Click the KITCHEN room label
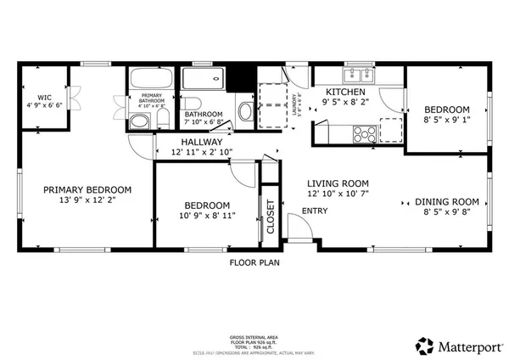[344, 91]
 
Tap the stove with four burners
[365, 133]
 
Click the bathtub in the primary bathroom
[152, 81]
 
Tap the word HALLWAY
[201, 142]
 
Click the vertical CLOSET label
[271, 217]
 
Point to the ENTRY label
[315, 211]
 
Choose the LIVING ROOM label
[337, 183]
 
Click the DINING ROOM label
[447, 201]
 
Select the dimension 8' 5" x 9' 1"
[447, 121]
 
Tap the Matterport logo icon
[423, 346]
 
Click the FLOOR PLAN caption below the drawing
[255, 262]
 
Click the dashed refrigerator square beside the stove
[391, 132]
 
